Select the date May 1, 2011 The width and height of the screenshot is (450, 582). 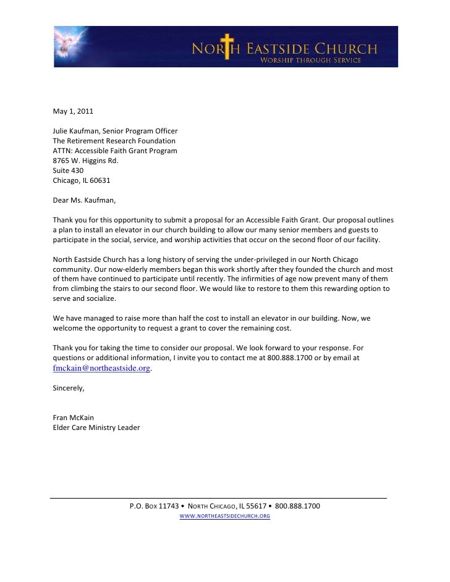point(73,112)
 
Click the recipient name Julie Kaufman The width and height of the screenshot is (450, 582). point(76,132)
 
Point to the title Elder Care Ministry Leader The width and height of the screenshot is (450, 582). point(96,428)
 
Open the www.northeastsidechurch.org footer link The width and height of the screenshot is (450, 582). point(224,516)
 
